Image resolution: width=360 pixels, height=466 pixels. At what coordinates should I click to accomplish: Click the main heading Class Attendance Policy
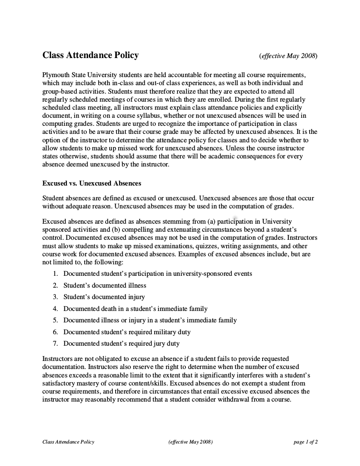90,55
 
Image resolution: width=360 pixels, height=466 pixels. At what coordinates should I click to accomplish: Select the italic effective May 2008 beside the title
288,55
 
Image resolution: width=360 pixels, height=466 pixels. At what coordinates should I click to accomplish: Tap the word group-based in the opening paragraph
58,91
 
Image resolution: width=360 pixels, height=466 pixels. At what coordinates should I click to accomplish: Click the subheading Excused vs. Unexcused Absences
91,183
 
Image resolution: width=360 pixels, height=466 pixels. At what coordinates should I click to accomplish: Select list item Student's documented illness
105,286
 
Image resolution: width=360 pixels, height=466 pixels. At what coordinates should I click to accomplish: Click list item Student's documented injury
104,297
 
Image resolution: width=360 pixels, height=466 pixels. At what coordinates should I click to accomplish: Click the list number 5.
55,320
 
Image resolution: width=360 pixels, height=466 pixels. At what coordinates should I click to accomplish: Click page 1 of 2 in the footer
305,442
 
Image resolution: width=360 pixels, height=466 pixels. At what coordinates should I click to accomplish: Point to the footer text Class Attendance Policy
68,442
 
